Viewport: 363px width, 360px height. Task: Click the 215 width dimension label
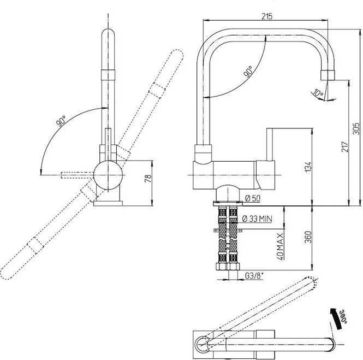pos(267,16)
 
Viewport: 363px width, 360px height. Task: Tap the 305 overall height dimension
pos(356,128)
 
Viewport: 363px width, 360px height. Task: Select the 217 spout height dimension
pos(345,146)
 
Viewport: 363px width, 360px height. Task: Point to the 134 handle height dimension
pos(308,167)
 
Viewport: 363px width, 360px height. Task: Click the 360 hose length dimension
pos(308,237)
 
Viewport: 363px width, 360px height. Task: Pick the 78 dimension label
pos(148,178)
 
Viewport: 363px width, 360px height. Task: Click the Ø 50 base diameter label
pos(253,198)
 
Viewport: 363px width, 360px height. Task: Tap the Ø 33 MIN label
pos(257,219)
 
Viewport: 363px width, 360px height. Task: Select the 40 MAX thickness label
pos(280,246)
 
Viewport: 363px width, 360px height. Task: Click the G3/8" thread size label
pos(254,276)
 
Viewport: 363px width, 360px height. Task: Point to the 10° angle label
pos(318,93)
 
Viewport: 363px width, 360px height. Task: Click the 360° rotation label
pos(343,317)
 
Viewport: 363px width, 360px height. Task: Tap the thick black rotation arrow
pos(336,317)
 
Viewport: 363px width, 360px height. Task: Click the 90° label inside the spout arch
pos(248,71)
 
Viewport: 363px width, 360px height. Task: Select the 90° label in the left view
pos(61,121)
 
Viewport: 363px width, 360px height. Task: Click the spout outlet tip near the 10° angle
pos(328,75)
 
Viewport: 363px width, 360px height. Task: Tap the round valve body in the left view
pos(108,175)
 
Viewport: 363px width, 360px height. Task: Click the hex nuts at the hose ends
pos(227,267)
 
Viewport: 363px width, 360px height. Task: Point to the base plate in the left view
pos(108,203)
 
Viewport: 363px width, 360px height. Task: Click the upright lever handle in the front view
pos(270,144)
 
